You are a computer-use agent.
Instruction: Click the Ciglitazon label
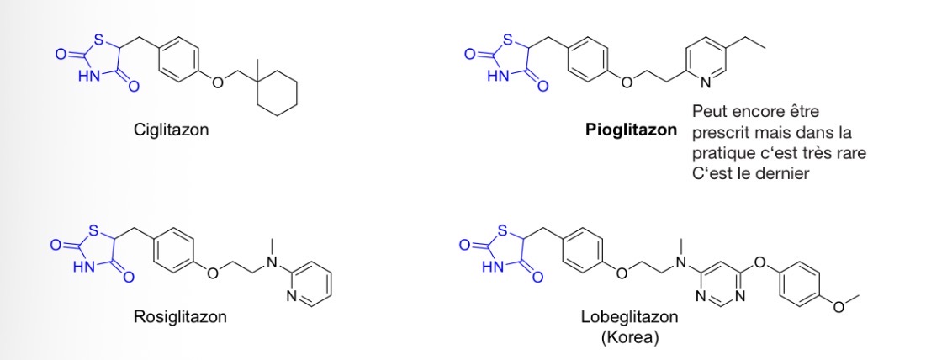[x=172, y=130]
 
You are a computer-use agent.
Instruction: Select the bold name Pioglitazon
[x=632, y=130]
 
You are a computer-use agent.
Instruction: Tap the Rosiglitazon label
[x=180, y=317]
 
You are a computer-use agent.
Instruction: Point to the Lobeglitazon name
[x=630, y=317]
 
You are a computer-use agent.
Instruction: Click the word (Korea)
[x=630, y=340]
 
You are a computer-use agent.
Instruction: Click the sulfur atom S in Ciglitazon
[x=98, y=42]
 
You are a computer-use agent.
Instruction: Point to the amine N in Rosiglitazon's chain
[x=273, y=262]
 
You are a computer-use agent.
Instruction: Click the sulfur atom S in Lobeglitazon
[x=502, y=230]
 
